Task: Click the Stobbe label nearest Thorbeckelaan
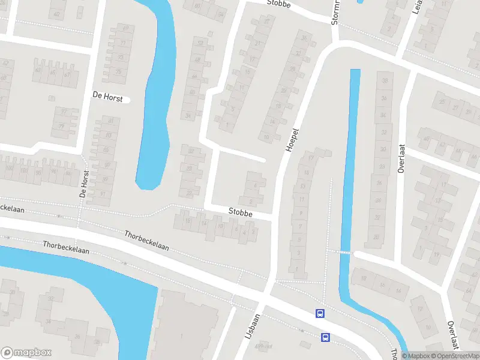[240, 212]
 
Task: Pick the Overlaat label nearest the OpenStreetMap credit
[453, 334]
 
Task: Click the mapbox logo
[26, 352]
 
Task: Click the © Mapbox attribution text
[415, 356]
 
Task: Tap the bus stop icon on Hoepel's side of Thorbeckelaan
[320, 313]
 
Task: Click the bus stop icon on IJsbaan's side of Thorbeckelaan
[325, 337]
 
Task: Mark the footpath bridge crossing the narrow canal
[344, 253]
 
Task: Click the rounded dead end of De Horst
[127, 100]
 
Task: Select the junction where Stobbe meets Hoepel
[274, 215]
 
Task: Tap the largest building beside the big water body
[183, 327]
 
